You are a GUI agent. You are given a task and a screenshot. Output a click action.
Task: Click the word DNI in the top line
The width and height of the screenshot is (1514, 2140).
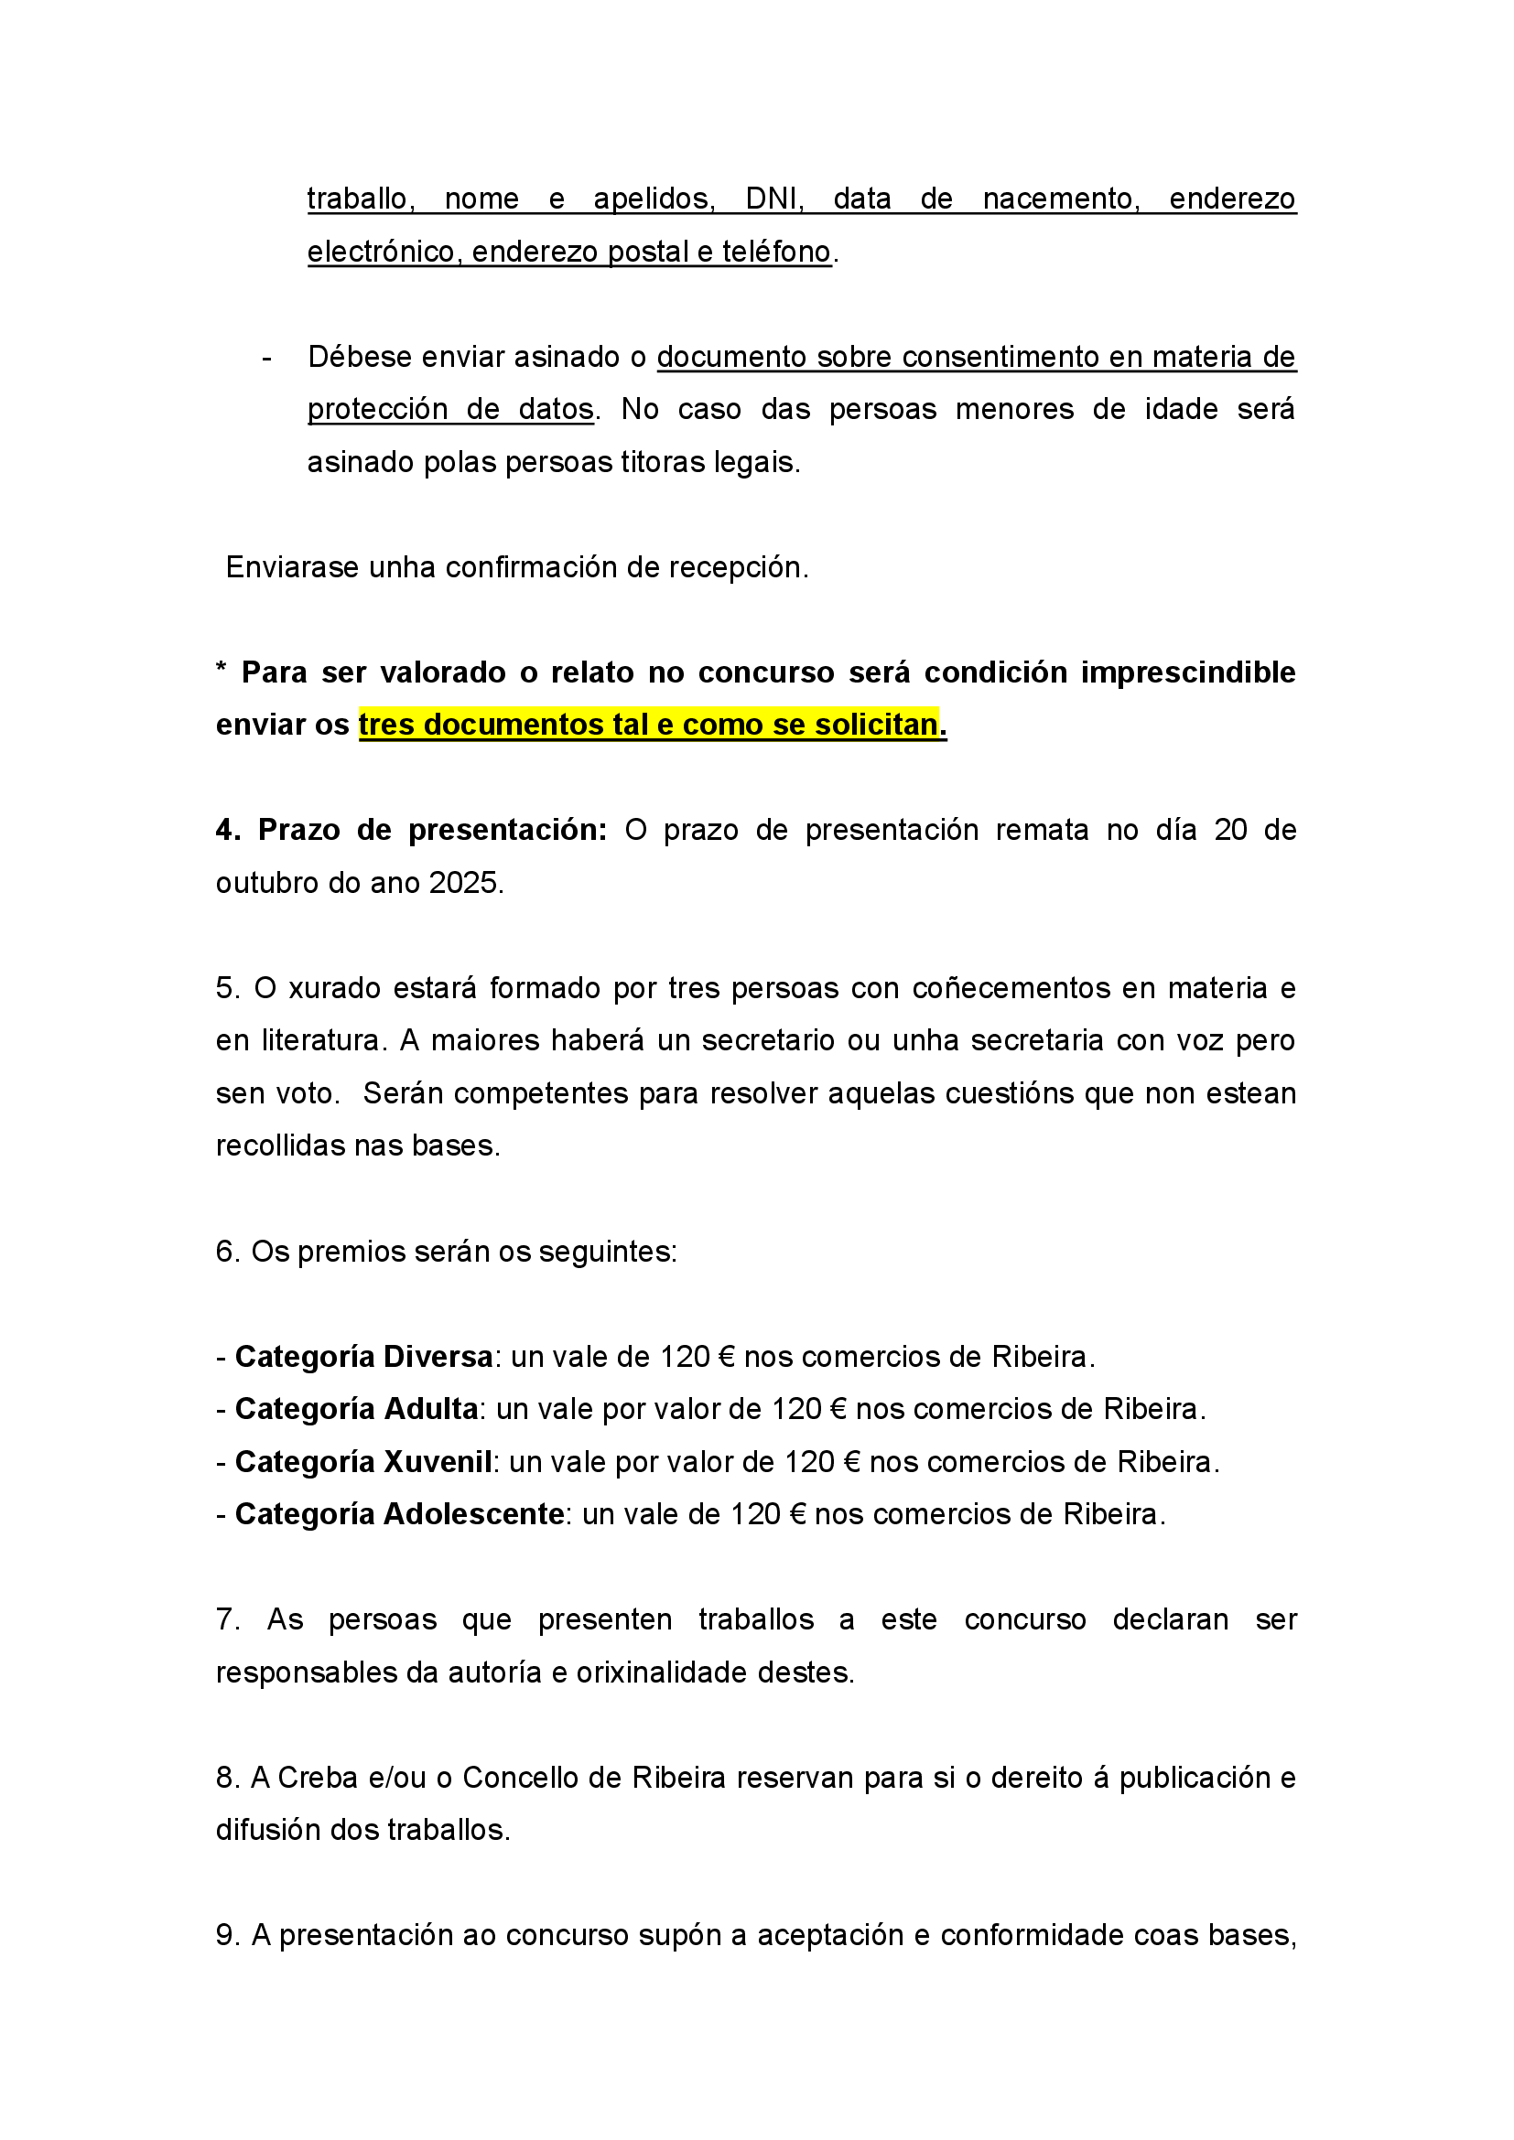point(773,199)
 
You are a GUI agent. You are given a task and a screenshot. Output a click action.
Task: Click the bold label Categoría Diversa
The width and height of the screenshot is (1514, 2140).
point(363,1356)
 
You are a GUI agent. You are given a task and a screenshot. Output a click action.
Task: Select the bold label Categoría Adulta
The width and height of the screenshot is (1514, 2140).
point(356,1408)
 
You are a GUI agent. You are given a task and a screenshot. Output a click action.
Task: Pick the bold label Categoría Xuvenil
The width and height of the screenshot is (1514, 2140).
point(363,1461)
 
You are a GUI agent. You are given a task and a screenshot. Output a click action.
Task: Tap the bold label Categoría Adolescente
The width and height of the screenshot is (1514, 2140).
point(399,1513)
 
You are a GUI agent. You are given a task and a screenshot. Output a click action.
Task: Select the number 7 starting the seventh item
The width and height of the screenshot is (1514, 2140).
point(224,1620)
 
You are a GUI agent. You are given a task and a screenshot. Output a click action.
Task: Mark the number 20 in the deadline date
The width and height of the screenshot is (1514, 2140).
point(1230,830)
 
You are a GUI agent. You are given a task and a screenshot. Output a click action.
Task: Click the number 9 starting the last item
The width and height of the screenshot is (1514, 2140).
point(224,1935)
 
